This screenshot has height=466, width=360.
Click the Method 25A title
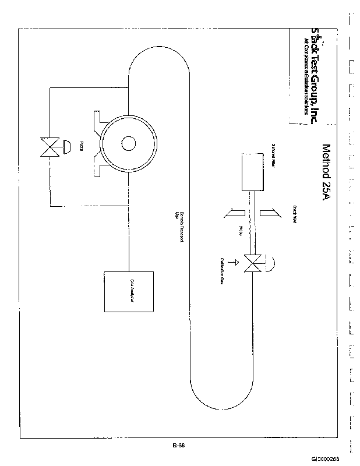[x=326, y=172]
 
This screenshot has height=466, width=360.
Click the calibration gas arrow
[x=235, y=263]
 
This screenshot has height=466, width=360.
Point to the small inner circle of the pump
[x=128, y=143]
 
